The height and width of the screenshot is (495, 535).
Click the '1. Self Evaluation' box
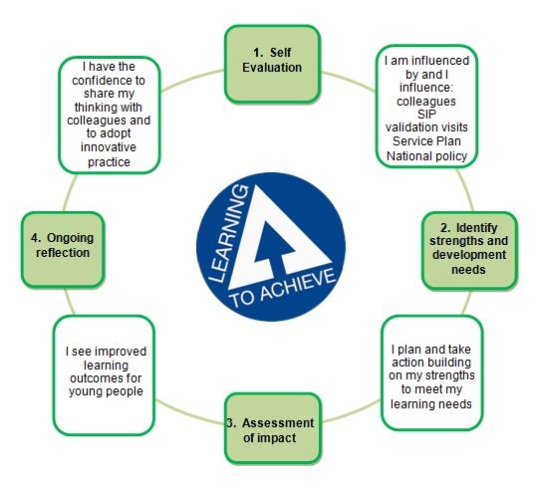click(x=272, y=64)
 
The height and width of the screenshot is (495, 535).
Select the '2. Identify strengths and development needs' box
click(x=469, y=250)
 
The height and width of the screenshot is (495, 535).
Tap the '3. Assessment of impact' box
click(x=273, y=428)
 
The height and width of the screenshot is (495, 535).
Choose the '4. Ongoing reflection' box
click(x=63, y=250)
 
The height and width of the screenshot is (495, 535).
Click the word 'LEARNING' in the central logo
click(x=228, y=234)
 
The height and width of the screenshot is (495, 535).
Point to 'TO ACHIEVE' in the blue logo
click(x=283, y=287)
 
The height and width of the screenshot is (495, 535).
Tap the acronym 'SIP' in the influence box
click(x=426, y=114)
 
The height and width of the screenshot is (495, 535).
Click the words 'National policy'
click(x=426, y=156)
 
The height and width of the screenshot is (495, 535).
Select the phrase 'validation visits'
click(x=426, y=127)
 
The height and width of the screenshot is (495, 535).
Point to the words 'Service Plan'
click(x=426, y=140)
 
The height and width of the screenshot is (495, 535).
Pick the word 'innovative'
click(x=109, y=147)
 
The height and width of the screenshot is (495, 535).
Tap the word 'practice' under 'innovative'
click(x=109, y=161)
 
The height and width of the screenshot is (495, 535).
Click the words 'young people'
click(x=106, y=391)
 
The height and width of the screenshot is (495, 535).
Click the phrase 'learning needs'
click(x=431, y=404)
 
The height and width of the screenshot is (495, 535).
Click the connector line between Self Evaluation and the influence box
click(x=348, y=81)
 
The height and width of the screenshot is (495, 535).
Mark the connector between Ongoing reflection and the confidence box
click(x=70, y=192)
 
